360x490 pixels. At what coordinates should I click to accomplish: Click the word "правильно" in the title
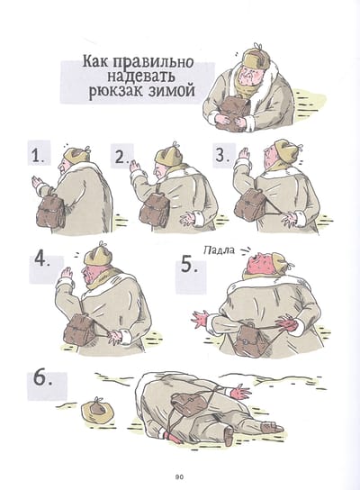point(153,62)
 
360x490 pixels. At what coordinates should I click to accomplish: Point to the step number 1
point(38,155)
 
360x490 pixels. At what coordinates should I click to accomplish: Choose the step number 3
point(221,154)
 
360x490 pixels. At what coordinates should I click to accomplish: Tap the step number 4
point(42,259)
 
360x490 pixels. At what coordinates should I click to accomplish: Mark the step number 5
point(190,265)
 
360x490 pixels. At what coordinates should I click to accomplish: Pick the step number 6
point(42,378)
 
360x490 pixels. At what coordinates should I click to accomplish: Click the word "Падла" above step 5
point(219,250)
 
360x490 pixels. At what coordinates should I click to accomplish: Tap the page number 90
point(179,476)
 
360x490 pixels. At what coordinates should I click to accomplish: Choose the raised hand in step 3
point(244,155)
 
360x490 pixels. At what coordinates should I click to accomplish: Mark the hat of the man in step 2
point(168,155)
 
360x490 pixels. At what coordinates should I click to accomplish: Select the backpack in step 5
point(247,341)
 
